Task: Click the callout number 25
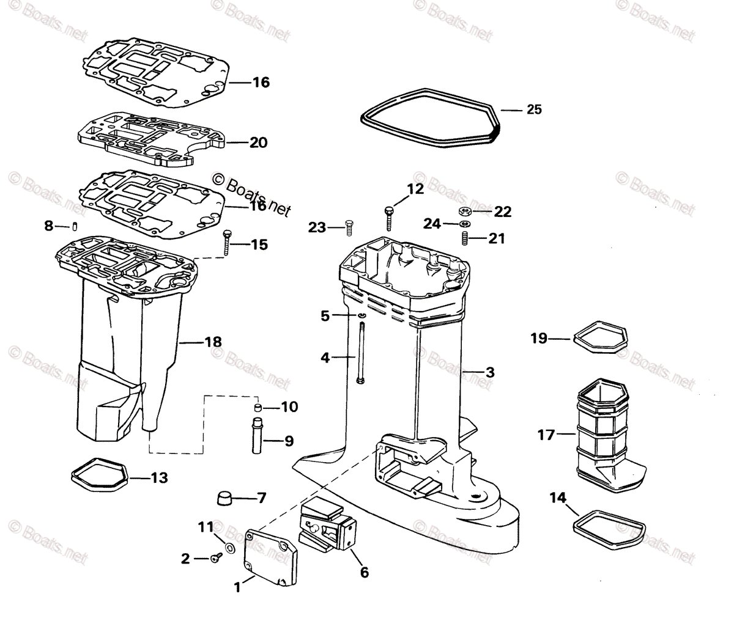click(533, 109)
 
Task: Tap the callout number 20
click(258, 142)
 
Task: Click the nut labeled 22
click(464, 211)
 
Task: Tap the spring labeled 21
click(464, 237)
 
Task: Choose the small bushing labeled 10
click(258, 407)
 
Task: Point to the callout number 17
click(546, 435)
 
